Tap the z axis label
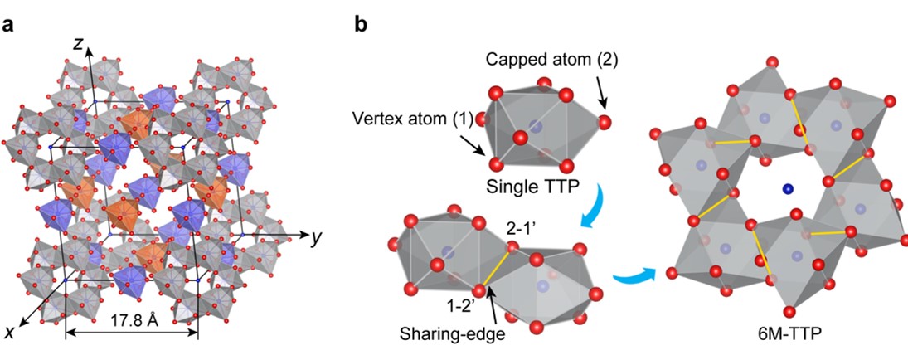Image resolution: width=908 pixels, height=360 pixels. [x=77, y=45]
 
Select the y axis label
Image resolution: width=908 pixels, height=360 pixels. [x=315, y=238]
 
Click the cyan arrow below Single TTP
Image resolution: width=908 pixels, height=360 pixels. [x=590, y=217]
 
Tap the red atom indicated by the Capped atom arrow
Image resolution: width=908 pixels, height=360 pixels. [x=605, y=123]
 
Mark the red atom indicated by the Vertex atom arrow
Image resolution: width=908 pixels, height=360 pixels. [x=497, y=163]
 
